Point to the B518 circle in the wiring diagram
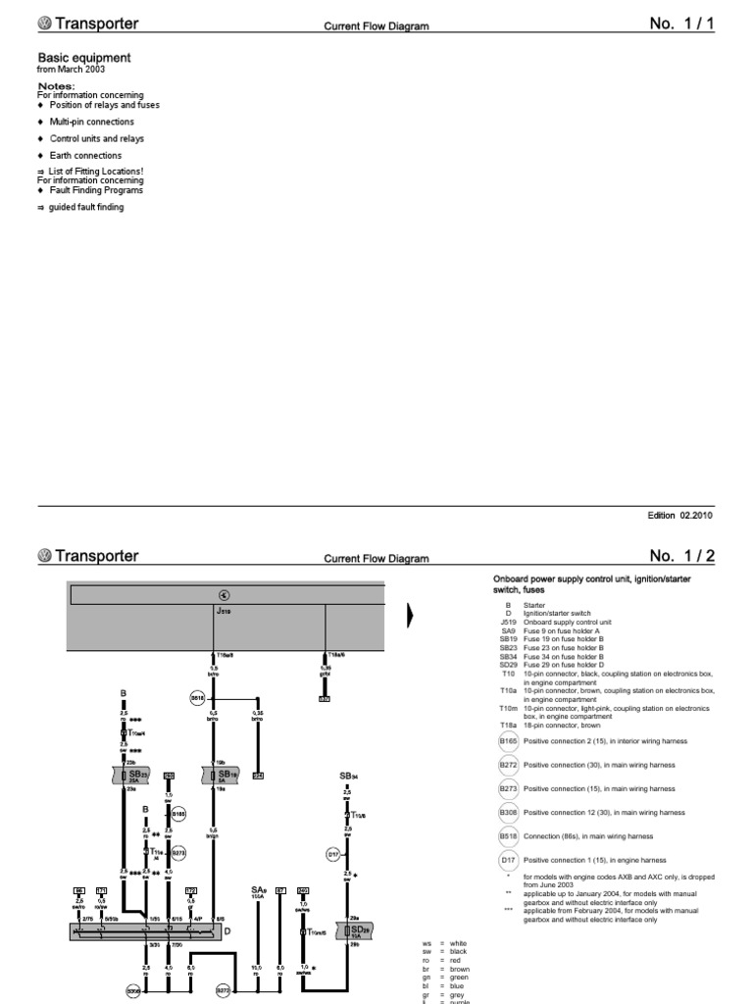[x=196, y=698]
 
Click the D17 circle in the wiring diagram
[x=332, y=854]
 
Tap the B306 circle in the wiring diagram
[x=133, y=991]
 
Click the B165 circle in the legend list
[x=507, y=742]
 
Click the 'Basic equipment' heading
[x=83, y=58]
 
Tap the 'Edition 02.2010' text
[x=680, y=515]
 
